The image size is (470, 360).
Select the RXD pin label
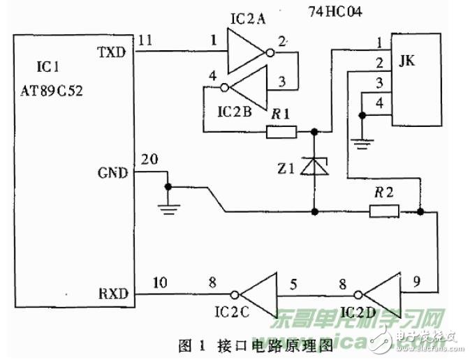(x=113, y=294)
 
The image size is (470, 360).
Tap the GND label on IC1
(x=113, y=172)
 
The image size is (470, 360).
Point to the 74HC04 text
(x=337, y=13)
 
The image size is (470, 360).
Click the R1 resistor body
(x=281, y=131)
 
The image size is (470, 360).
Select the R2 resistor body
(x=383, y=211)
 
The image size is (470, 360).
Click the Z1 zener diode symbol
(x=315, y=166)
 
